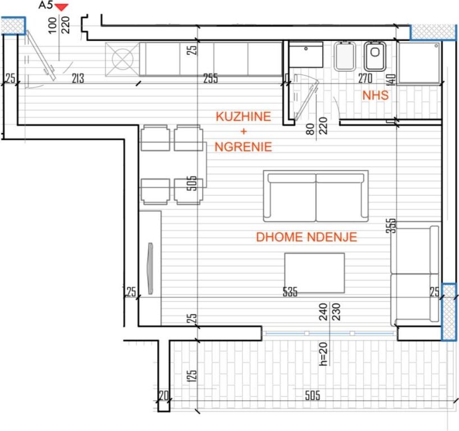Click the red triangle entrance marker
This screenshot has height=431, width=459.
pyautogui.click(x=62, y=7)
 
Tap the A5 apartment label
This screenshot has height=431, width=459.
pyautogui.click(x=45, y=6)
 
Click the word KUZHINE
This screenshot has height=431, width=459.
pyautogui.click(x=244, y=117)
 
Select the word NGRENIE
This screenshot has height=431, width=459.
pyautogui.click(x=244, y=147)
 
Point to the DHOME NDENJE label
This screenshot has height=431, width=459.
pyautogui.click(x=306, y=237)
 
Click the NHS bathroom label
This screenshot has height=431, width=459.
pyautogui.click(x=375, y=95)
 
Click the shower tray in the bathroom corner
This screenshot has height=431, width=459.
pyautogui.click(x=418, y=61)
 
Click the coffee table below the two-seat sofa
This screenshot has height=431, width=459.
pyautogui.click(x=314, y=273)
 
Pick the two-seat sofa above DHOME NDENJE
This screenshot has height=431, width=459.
pyautogui.click(x=316, y=196)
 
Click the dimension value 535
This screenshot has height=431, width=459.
pyautogui.click(x=290, y=292)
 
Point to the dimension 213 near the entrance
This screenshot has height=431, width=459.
pyautogui.click(x=77, y=79)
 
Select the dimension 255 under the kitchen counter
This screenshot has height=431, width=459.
pyautogui.click(x=210, y=79)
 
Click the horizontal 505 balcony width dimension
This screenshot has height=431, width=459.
pyautogui.click(x=312, y=396)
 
